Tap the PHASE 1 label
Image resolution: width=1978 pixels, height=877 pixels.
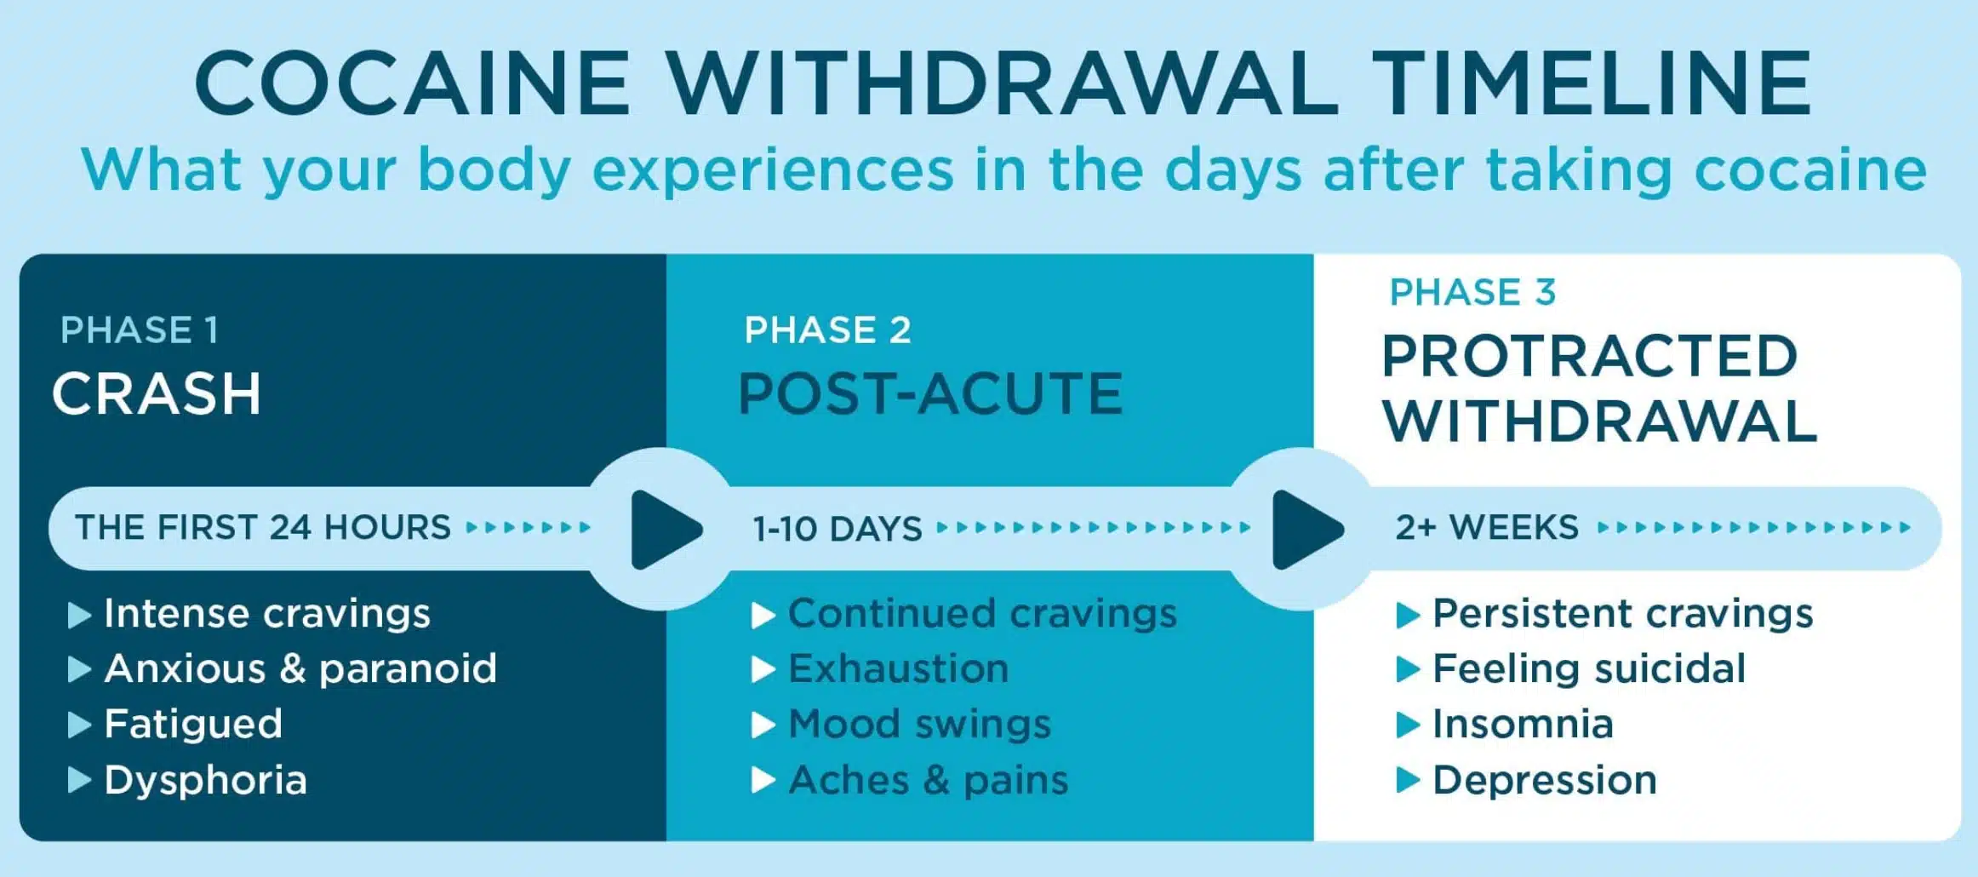pyautogui.click(x=140, y=330)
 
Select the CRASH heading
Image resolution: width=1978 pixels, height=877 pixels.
pyautogui.click(x=157, y=394)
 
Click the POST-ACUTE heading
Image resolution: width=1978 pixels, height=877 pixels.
pyautogui.click(x=930, y=394)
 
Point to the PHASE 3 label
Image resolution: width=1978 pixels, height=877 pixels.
pyautogui.click(x=1472, y=292)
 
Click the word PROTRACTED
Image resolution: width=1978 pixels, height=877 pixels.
pyautogui.click(x=1589, y=356)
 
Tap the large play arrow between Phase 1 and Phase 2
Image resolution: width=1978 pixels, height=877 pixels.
pyautogui.click(x=664, y=530)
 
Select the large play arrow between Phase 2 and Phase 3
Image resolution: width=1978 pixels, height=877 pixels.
pyautogui.click(x=1305, y=530)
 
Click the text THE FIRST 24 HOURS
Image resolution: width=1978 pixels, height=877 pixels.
pyautogui.click(x=263, y=528)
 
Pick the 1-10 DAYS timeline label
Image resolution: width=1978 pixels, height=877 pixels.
pyautogui.click(x=838, y=530)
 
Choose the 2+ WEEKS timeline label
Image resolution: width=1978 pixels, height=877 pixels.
pyautogui.click(x=1487, y=528)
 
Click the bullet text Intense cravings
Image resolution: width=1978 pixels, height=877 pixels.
pyautogui.click(x=267, y=613)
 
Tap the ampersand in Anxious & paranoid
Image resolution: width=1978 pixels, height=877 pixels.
pyautogui.click(x=292, y=668)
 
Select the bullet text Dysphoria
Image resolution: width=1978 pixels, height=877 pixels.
pyautogui.click(x=205, y=780)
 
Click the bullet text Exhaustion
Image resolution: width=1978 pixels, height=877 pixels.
pyautogui.click(x=899, y=668)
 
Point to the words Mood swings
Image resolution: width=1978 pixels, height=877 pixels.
pyautogui.click(x=920, y=725)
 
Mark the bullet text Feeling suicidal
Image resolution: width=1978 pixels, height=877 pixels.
pyautogui.click(x=1589, y=668)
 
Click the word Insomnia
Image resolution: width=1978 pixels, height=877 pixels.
pyautogui.click(x=1523, y=725)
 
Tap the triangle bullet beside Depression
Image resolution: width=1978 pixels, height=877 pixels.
pyautogui.click(x=1408, y=780)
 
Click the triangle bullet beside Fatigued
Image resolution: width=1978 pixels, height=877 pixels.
pyautogui.click(x=78, y=725)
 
